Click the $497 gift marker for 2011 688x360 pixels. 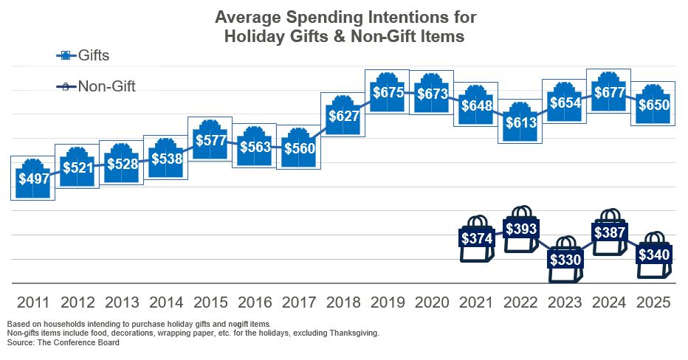coord(33,178)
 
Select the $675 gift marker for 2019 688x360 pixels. coord(388,92)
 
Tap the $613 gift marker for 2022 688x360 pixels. coord(520,122)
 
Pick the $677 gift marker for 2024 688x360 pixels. coord(609,92)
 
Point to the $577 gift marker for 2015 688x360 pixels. coord(210,139)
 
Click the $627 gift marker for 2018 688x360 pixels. coord(343,114)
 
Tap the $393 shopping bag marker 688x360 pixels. coord(520,229)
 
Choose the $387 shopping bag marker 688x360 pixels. coord(609,232)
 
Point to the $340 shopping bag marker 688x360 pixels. coord(653,255)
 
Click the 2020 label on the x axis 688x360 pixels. coord(432,302)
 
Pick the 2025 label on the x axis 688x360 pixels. coord(653,302)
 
